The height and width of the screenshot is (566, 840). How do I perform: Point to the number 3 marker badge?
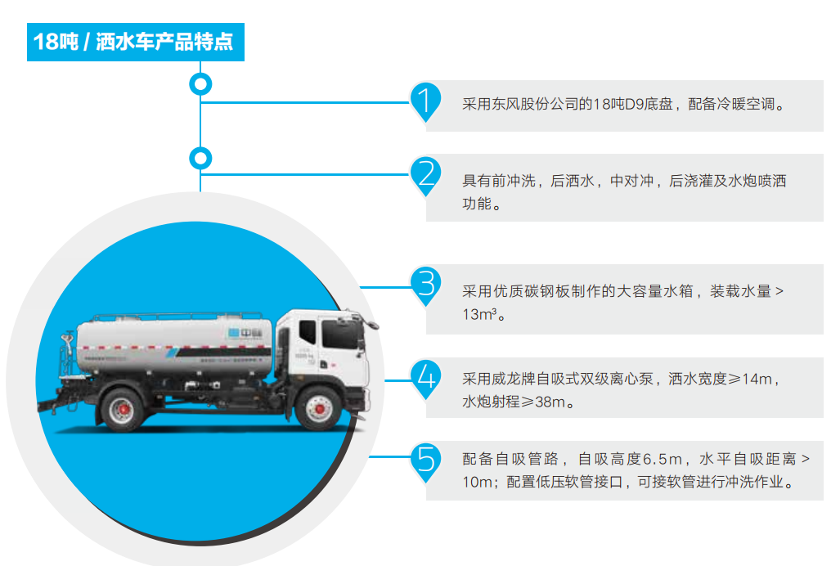(x=425, y=285)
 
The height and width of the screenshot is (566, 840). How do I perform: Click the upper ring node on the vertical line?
(x=200, y=83)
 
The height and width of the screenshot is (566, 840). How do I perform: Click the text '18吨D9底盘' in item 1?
(x=636, y=106)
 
